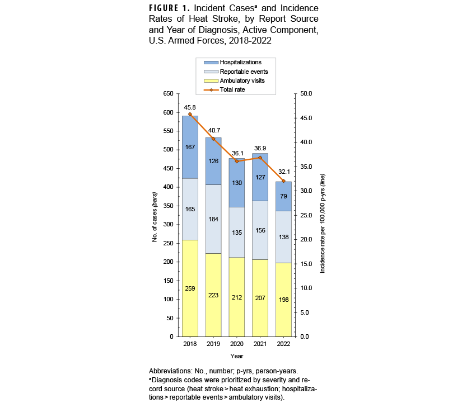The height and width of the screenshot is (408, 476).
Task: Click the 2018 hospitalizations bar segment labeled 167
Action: pos(190,147)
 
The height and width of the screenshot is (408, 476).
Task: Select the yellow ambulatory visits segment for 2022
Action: pos(283,300)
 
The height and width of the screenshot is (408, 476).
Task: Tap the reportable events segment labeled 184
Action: pos(213,219)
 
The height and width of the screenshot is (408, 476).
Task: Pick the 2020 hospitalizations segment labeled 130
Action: pos(237,183)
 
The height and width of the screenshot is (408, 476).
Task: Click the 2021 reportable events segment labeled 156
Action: pos(260,230)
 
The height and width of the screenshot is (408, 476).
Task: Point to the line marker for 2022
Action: pos(283,181)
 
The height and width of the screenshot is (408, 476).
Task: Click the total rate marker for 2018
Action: pos(190,115)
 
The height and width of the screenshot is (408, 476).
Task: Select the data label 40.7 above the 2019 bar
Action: pos(213,130)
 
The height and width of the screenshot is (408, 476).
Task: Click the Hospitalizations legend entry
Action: pos(240,62)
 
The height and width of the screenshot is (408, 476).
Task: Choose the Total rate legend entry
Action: pos(232,89)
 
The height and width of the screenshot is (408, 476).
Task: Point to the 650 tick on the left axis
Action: pos(168,94)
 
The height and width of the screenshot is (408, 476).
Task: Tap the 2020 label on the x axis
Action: pos(237,344)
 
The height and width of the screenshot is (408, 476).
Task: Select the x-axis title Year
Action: pos(236,355)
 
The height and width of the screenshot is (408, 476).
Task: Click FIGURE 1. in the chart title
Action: pos(171,8)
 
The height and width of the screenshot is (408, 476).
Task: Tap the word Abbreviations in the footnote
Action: pos(169,372)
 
